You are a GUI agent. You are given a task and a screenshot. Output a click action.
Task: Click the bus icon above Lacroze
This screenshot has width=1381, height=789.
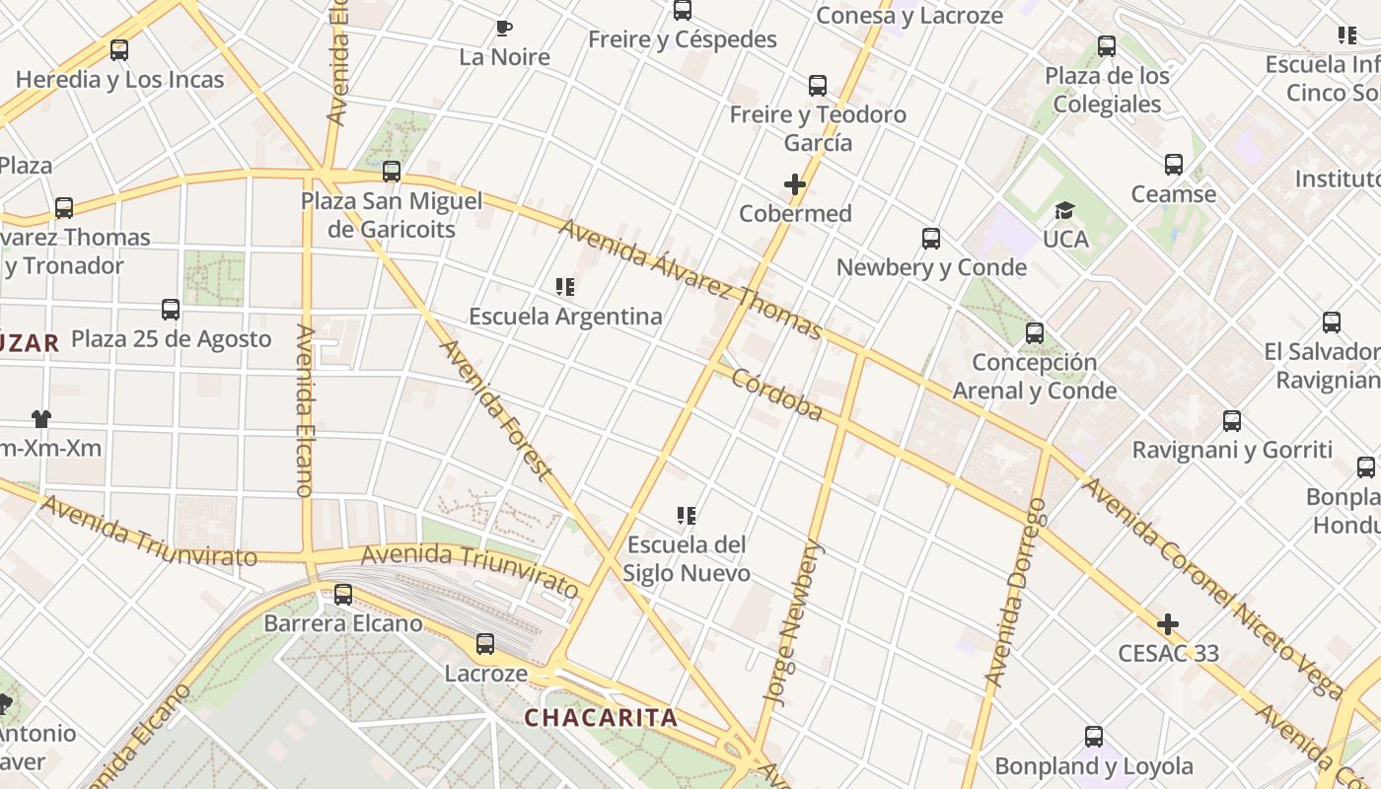pyautogui.click(x=484, y=644)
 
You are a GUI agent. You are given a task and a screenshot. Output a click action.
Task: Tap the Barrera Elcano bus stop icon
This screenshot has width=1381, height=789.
pyautogui.click(x=343, y=595)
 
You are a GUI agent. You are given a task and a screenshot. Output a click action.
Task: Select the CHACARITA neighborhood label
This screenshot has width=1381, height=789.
pyautogui.click(x=601, y=717)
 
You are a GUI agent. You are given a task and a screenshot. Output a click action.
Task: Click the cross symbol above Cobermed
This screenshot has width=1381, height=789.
pyautogui.click(x=795, y=184)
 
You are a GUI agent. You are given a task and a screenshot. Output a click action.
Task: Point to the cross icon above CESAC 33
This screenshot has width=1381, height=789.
pyautogui.click(x=1168, y=624)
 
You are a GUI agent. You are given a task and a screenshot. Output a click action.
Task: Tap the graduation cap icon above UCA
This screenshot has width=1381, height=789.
pyautogui.click(x=1064, y=210)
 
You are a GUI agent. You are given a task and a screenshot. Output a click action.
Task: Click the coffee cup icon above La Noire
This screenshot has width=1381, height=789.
pyautogui.click(x=504, y=28)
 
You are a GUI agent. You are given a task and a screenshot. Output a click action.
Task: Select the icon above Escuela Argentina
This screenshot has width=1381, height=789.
pyautogui.click(x=565, y=287)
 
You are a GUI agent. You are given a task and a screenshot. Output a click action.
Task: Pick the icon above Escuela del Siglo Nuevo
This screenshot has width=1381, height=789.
pyautogui.click(x=688, y=515)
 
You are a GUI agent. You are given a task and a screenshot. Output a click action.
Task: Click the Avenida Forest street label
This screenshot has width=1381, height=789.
pyautogui.click(x=495, y=409)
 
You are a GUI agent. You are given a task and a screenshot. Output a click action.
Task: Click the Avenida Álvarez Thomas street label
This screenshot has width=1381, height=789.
pyautogui.click(x=690, y=278)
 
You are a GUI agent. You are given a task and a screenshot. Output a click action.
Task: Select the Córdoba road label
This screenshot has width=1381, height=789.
pyautogui.click(x=777, y=394)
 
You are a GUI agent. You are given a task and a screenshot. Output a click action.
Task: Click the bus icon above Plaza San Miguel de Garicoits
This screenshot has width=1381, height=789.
pyautogui.click(x=392, y=172)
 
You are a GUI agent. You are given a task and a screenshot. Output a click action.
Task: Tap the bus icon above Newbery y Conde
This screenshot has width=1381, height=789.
pyautogui.click(x=930, y=238)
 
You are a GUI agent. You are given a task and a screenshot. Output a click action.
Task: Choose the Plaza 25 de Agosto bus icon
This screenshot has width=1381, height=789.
pyautogui.click(x=171, y=310)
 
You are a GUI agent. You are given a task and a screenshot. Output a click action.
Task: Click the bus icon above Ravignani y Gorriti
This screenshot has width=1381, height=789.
pyautogui.click(x=1232, y=421)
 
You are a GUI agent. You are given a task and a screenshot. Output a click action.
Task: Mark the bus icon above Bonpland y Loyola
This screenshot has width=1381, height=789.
pyautogui.click(x=1093, y=737)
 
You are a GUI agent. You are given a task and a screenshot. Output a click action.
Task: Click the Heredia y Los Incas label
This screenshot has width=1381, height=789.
pyautogui.click(x=120, y=79)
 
